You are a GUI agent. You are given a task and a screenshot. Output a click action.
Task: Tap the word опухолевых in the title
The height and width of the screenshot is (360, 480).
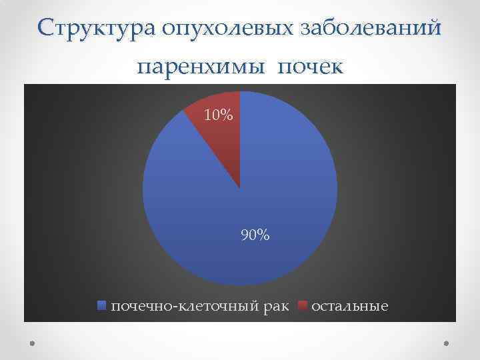click(223, 28)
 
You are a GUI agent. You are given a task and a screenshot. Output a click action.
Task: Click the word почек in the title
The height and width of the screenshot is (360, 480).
click(310, 67)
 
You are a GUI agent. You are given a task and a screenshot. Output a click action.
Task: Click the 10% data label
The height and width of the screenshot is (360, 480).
click(219, 116)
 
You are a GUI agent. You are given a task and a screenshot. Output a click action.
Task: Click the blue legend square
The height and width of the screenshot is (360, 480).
click(102, 306)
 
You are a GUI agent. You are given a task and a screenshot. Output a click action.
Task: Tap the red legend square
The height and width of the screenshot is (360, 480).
click(302, 306)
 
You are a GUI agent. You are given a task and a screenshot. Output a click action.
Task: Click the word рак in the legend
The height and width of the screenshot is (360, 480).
click(276, 307)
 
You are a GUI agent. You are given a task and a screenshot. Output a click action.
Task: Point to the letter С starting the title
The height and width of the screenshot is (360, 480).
click(45, 28)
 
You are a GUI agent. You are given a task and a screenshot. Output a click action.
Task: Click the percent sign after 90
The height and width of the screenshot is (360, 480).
click(263, 235)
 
